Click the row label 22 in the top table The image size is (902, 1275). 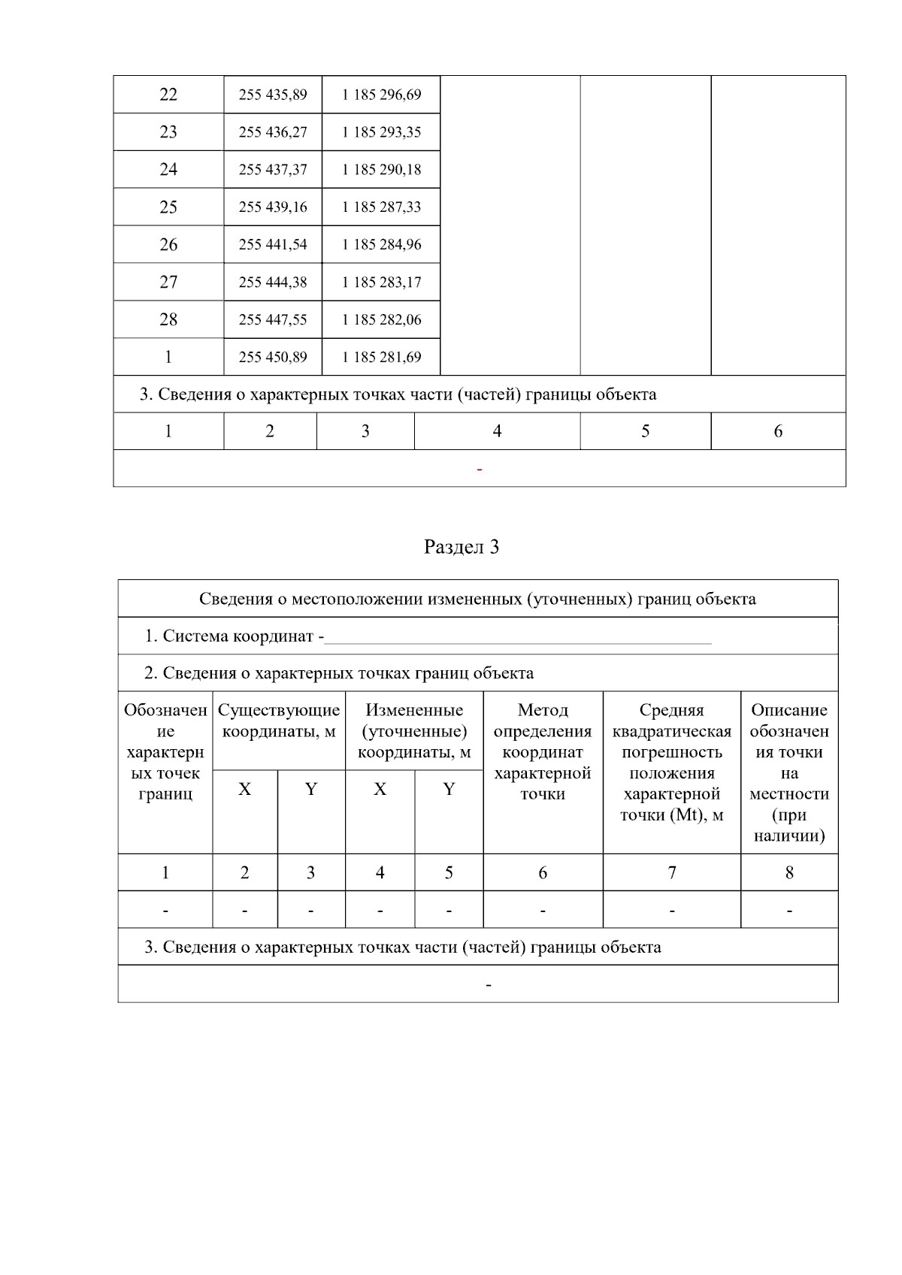[x=168, y=95]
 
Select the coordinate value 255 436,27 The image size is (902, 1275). [x=273, y=132]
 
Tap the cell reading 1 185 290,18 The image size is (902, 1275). [x=381, y=170]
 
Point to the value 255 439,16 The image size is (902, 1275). [x=273, y=207]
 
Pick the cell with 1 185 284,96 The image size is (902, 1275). [x=381, y=245]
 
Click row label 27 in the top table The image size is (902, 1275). [x=168, y=282]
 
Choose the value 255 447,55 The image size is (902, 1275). [x=273, y=319]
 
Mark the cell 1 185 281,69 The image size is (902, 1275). [x=381, y=357]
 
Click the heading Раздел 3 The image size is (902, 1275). [x=462, y=547]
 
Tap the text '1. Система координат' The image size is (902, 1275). [x=233, y=636]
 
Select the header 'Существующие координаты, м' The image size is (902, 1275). [x=279, y=721]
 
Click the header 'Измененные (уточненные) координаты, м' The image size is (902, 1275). [x=414, y=731]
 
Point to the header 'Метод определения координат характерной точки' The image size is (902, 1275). [x=543, y=752]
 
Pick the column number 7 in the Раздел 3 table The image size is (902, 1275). [x=672, y=872]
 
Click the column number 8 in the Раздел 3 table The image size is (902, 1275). [x=789, y=872]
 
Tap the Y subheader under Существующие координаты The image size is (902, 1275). [x=311, y=789]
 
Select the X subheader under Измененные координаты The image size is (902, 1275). [x=380, y=789]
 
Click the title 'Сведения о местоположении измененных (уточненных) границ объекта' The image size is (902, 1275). [x=477, y=599]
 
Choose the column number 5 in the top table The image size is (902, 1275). [x=645, y=431]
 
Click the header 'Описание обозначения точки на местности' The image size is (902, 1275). [x=789, y=773]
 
